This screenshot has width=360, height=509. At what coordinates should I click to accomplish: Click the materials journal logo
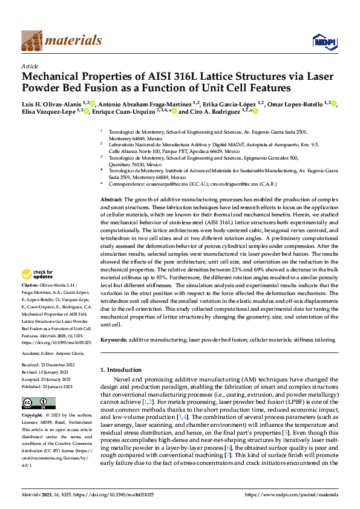tap(61, 41)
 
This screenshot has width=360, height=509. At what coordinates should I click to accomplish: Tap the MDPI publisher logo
tap(321, 41)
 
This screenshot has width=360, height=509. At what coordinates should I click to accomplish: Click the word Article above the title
tap(30, 66)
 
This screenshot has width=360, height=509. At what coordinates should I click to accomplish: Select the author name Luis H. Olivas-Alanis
tap(51, 103)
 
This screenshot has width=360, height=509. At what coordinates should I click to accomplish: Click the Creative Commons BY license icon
tap(39, 404)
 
